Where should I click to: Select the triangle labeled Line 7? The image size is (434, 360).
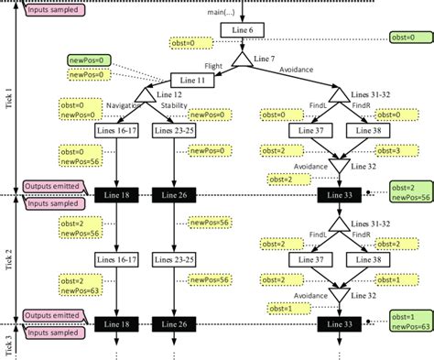tap(242, 60)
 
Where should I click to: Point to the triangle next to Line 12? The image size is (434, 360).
tap(145, 96)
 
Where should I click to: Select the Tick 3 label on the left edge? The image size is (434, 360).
tap(8, 344)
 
